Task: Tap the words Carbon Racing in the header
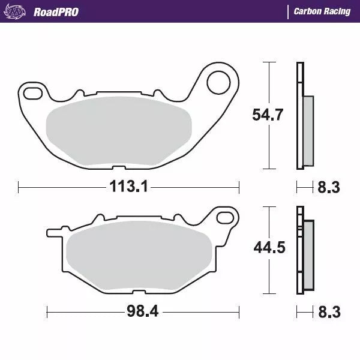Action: point(322,11)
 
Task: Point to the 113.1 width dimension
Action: point(128,187)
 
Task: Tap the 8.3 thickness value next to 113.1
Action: point(329,188)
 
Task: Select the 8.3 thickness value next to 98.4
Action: point(329,313)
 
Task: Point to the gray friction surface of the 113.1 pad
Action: point(118,129)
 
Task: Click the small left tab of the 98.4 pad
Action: point(53,230)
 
